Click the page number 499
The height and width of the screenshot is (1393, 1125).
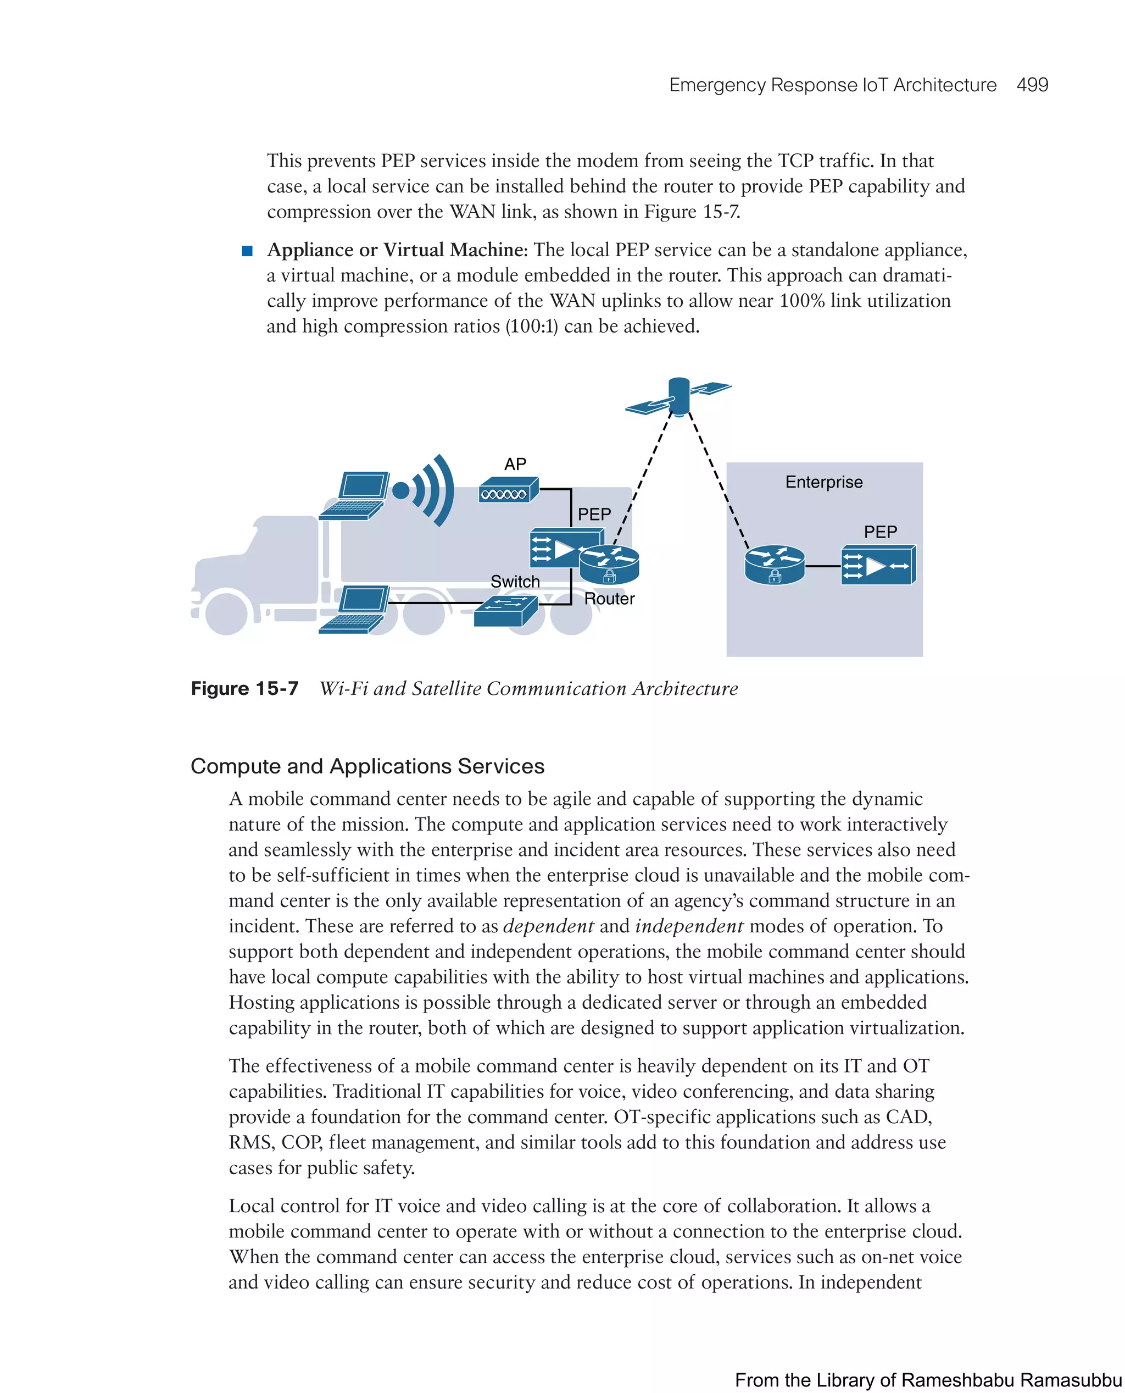pos(1032,85)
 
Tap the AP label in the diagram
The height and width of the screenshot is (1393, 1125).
pos(515,465)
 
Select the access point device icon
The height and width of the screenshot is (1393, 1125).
pos(509,490)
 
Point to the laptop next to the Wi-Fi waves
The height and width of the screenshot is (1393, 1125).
pos(354,495)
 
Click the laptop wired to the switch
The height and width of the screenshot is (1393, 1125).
pos(354,610)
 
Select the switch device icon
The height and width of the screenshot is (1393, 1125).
pos(506,611)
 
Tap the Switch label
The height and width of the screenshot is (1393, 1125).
pos(515,582)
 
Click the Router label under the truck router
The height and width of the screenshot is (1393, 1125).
pos(609,599)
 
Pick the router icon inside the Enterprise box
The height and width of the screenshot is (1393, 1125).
pos(775,565)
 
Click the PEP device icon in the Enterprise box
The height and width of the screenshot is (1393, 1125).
pos(878,566)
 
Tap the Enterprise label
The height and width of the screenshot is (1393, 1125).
pos(823,483)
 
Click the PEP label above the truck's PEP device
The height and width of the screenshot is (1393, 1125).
pos(594,515)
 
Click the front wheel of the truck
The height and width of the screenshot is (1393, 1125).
pos(226,613)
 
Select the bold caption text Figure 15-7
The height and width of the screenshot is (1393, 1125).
pos(244,689)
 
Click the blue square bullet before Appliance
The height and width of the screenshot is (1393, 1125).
pos(247,251)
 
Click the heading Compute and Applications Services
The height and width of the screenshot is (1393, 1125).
pos(367,766)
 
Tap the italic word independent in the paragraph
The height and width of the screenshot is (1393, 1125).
pos(689,926)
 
